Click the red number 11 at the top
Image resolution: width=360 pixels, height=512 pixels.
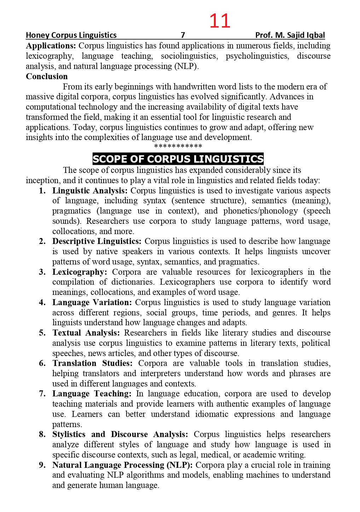[x=220, y=21]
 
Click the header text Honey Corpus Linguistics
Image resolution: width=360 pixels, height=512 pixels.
[x=71, y=35]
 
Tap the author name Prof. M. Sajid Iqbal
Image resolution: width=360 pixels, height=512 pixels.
[x=290, y=35]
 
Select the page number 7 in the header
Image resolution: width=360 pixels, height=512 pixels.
[x=183, y=35]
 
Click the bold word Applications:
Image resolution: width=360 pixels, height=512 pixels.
[x=51, y=46]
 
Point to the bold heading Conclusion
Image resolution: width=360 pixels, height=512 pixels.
[x=47, y=76]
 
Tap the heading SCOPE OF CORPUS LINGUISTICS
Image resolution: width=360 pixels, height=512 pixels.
[x=178, y=159]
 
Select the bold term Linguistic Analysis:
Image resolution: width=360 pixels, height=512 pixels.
[x=90, y=191]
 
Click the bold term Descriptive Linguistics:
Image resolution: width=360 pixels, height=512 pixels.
[x=97, y=241]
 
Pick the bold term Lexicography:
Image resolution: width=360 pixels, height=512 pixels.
[x=80, y=272]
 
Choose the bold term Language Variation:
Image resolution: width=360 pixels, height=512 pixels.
[x=92, y=302]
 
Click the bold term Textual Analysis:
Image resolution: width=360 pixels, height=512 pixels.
[x=86, y=333]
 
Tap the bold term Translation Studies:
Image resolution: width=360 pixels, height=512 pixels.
[x=92, y=363]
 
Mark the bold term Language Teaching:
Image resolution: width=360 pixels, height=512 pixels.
[x=92, y=394]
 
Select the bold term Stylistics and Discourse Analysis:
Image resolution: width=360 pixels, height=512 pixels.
[x=120, y=434]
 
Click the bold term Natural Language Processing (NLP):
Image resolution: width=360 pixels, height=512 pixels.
[x=122, y=465]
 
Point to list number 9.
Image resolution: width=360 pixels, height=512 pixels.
[x=42, y=465]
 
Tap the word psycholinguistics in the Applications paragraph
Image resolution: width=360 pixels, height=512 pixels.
[x=257, y=56]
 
